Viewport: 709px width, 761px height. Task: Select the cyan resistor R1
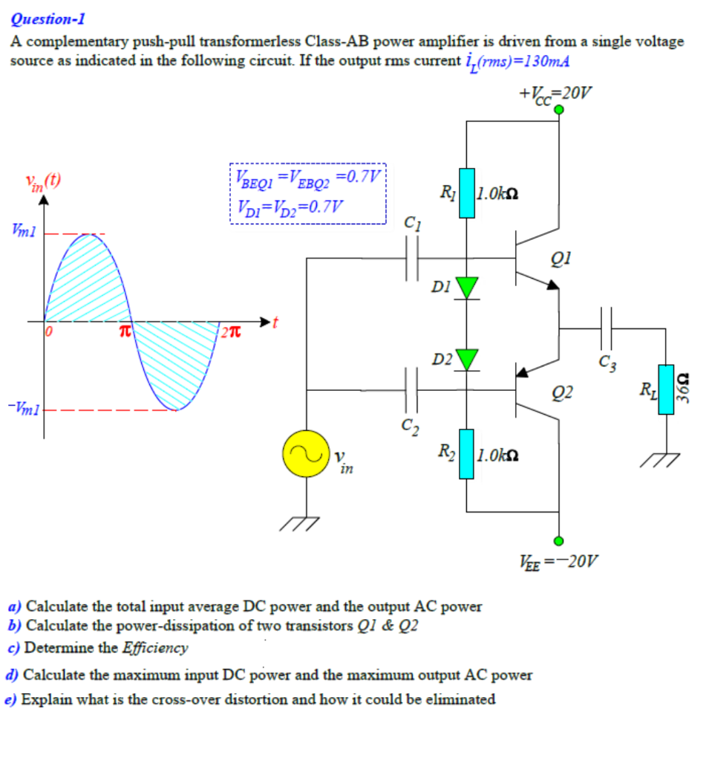(466, 193)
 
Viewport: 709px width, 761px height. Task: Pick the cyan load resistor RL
(666, 387)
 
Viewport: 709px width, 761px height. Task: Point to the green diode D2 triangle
(466, 359)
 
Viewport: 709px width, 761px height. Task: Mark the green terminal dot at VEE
(559, 540)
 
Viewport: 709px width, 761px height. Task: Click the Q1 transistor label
(562, 259)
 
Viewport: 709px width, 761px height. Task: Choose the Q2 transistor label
(562, 392)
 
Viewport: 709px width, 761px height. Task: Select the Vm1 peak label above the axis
(22, 233)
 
